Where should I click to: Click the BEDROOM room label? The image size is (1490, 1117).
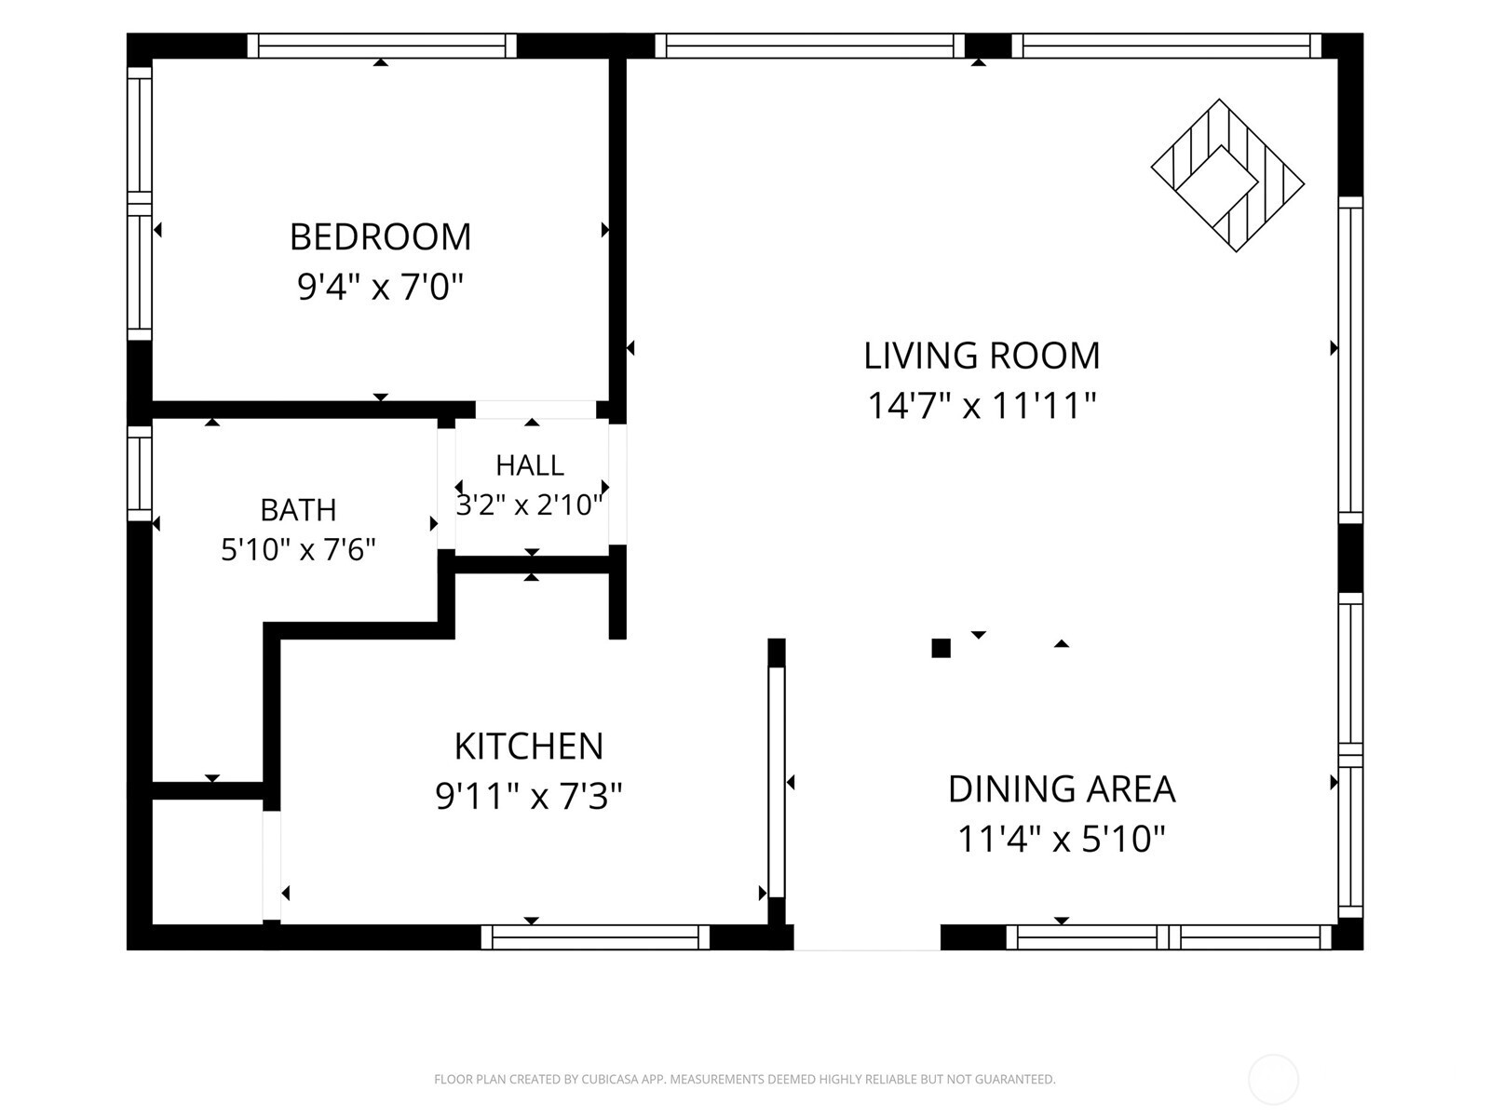(x=380, y=236)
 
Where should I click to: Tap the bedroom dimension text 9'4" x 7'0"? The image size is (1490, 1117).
(x=380, y=287)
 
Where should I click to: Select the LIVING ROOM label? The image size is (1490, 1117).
(x=982, y=356)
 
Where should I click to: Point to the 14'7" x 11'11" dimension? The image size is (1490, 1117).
(x=982, y=406)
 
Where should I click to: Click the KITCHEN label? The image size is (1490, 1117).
(x=529, y=747)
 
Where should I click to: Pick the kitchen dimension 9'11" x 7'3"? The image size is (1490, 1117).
(x=529, y=796)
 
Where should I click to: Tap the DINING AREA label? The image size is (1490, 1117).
(x=1062, y=788)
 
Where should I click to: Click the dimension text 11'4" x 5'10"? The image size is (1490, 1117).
(x=1062, y=839)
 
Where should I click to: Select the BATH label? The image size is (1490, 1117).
(x=299, y=510)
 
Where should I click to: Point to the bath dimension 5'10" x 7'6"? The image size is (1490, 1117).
(x=299, y=549)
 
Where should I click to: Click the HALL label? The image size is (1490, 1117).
(x=530, y=465)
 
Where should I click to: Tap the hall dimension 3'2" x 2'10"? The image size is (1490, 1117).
(x=530, y=505)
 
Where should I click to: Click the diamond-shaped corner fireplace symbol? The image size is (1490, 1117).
(x=1227, y=176)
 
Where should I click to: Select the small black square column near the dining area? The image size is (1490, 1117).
(x=941, y=649)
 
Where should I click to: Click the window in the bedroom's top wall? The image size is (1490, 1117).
(x=382, y=47)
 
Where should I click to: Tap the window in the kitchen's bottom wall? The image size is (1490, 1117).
(x=595, y=937)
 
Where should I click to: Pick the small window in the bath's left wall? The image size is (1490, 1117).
(x=139, y=474)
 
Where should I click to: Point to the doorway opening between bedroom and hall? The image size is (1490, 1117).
(x=535, y=410)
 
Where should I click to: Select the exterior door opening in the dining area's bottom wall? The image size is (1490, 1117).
(x=867, y=937)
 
